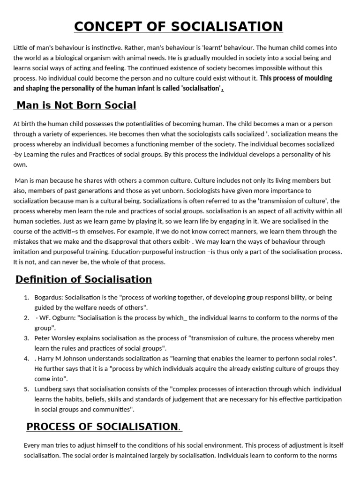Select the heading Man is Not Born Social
point(75,105)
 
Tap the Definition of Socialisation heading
point(83,279)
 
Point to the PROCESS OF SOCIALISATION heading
point(102,427)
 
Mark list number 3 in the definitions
point(27,338)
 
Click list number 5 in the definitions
point(27,389)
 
